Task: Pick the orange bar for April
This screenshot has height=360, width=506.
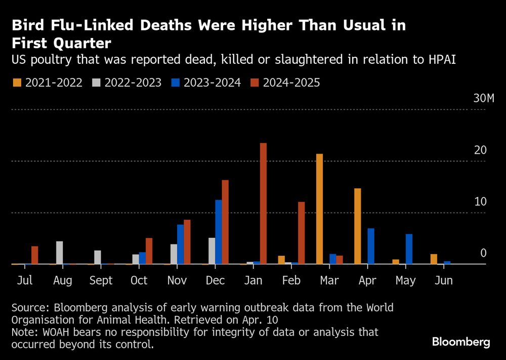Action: point(358,226)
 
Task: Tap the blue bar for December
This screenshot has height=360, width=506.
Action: point(219,232)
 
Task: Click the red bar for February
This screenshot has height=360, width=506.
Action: point(302,233)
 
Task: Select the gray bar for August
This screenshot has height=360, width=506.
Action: point(60,253)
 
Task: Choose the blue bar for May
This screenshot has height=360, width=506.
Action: point(409,249)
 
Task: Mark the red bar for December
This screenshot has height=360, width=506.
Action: point(225,222)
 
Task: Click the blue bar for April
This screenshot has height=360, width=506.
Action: point(371,246)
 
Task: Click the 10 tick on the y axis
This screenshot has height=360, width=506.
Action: point(480,202)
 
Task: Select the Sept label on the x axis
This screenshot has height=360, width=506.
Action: point(101,281)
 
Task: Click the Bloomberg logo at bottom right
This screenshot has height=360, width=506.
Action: point(460,342)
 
